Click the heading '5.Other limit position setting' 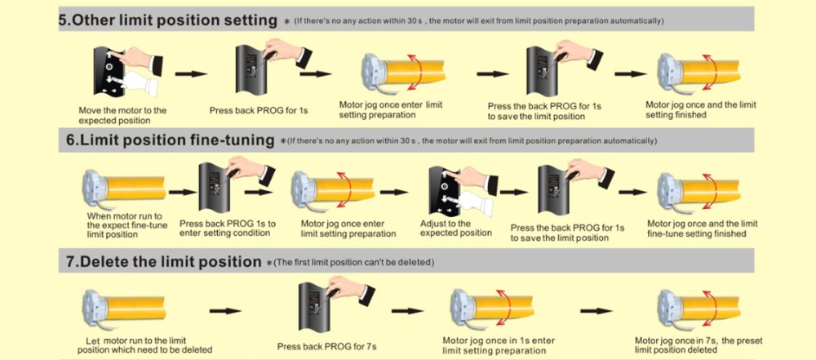(166, 20)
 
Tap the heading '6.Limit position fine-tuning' (170, 140)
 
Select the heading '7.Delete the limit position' (162, 262)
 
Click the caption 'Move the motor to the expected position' (122, 115)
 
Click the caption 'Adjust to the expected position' (455, 228)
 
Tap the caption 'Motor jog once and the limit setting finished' (700, 109)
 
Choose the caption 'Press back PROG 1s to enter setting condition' (228, 229)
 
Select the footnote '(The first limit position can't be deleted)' (353, 263)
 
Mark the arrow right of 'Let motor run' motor (224, 310)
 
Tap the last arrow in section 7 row (596, 310)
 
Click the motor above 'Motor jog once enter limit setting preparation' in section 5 (400, 73)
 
